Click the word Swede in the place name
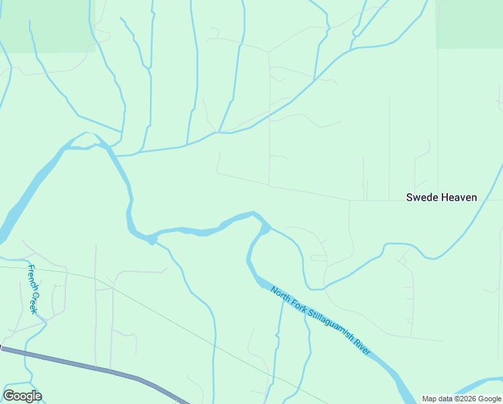pyautogui.click(x=422, y=197)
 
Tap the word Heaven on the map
pyautogui.click(x=459, y=197)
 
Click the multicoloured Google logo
pyautogui.click(x=22, y=396)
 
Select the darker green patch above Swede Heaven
pyautogui.click(x=469, y=24)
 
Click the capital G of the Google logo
pyautogui.click(x=9, y=396)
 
